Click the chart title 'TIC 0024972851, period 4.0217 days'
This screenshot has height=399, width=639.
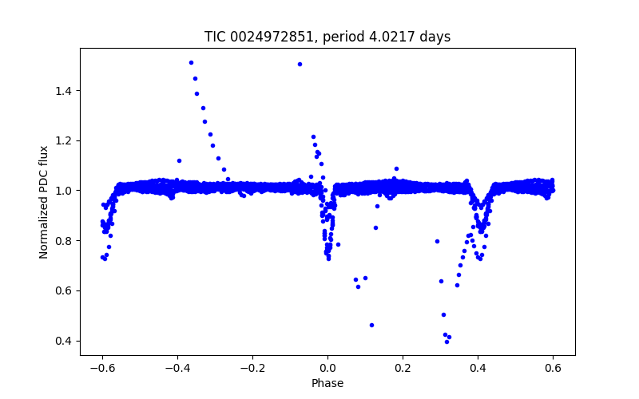[327, 37]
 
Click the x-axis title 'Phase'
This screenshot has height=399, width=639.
[327, 383]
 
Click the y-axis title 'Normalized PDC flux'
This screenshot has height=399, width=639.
[45, 201]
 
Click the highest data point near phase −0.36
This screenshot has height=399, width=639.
[191, 62]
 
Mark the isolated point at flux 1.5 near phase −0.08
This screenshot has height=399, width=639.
[300, 64]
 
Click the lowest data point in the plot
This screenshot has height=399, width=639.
[447, 342]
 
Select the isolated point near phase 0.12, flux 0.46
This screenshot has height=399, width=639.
[371, 325]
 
